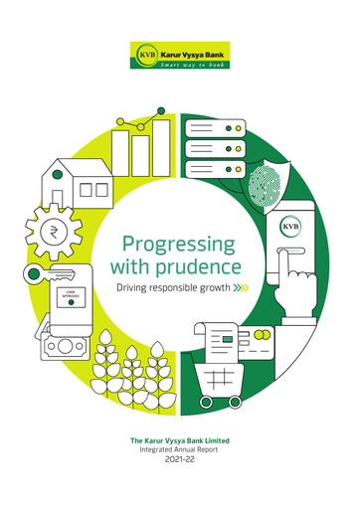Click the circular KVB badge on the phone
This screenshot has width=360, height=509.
pyautogui.click(x=292, y=226)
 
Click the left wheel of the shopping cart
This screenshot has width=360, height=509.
pyautogui.click(x=207, y=401)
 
